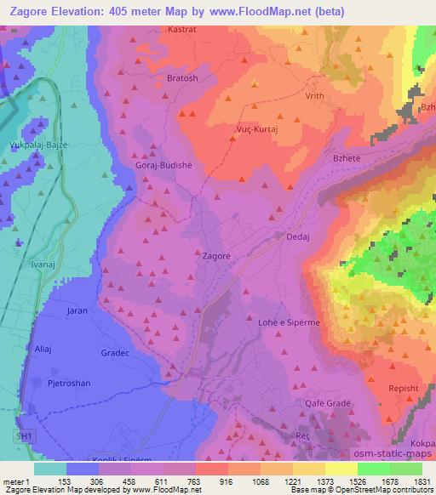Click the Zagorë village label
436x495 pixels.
point(216,254)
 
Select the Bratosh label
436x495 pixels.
point(182,78)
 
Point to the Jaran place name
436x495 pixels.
point(77,311)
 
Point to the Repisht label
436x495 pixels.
point(404,387)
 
